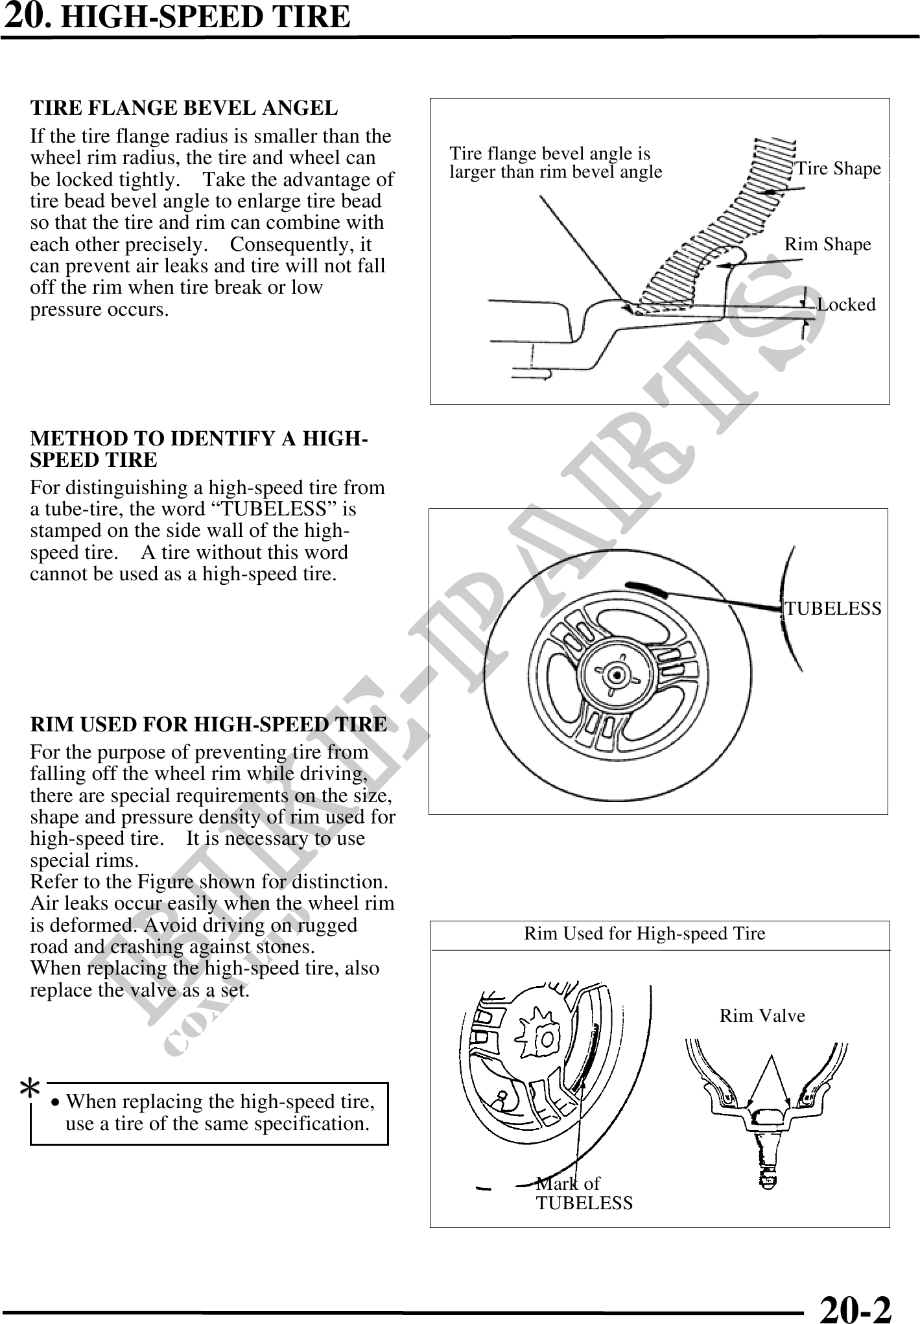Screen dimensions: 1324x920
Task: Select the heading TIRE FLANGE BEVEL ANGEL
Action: click(x=184, y=108)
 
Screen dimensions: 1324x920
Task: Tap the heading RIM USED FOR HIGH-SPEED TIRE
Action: click(x=208, y=724)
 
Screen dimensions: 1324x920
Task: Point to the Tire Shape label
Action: click(x=838, y=169)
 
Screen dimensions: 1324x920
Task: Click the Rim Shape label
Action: click(x=827, y=244)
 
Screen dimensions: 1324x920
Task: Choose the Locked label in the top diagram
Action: click(x=845, y=304)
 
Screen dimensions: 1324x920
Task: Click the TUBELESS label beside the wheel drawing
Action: click(x=833, y=609)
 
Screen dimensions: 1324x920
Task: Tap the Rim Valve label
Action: click(x=762, y=1016)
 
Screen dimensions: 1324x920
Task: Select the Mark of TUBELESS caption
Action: click(x=584, y=1193)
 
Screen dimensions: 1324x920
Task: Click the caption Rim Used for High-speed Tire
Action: click(x=644, y=934)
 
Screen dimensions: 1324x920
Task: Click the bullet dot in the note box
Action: click(x=57, y=1103)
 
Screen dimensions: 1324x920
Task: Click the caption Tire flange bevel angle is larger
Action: click(x=555, y=163)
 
